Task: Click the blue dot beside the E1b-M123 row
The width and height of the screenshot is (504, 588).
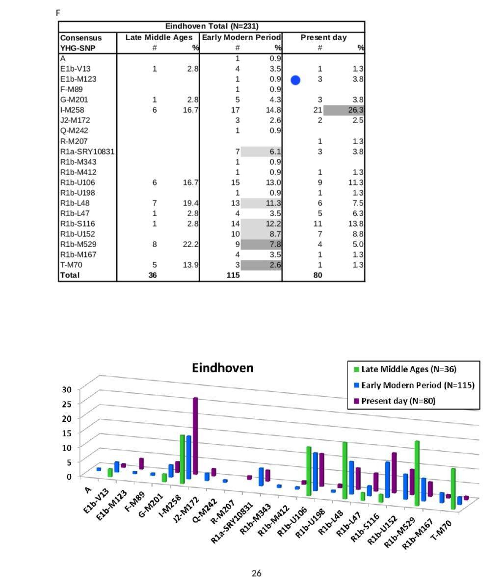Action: pyautogui.click(x=295, y=80)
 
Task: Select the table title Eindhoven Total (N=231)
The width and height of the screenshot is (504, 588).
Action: pyautogui.click(x=212, y=26)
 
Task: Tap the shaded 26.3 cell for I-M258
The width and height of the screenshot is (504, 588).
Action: pyautogui.click(x=344, y=110)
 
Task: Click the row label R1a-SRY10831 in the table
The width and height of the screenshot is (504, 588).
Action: pyautogui.click(x=87, y=152)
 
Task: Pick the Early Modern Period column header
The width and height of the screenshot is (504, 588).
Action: pyautogui.click(x=241, y=37)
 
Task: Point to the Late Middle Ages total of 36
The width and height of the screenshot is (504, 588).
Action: pyautogui.click(x=152, y=275)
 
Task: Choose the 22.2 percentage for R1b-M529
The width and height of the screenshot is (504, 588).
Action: pyautogui.click(x=190, y=244)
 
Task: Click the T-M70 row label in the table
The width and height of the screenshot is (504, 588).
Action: pyautogui.click(x=71, y=265)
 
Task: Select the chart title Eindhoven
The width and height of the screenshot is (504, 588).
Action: pyautogui.click(x=222, y=367)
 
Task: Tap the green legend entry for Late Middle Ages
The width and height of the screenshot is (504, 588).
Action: pyautogui.click(x=405, y=369)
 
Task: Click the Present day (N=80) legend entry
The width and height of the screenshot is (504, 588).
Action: pyautogui.click(x=395, y=401)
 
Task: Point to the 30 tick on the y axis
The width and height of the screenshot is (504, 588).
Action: pyautogui.click(x=66, y=389)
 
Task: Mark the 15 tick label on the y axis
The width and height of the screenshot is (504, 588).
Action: pyautogui.click(x=66, y=433)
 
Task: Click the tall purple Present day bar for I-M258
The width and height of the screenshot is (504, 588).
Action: pyautogui.click(x=195, y=436)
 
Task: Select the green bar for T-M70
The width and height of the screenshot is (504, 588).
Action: pyautogui.click(x=453, y=488)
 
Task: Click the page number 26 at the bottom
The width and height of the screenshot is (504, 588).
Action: pyautogui.click(x=256, y=573)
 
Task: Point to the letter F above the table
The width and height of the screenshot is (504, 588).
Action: pyautogui.click(x=58, y=13)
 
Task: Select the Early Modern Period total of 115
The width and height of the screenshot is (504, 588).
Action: pyautogui.click(x=233, y=275)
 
